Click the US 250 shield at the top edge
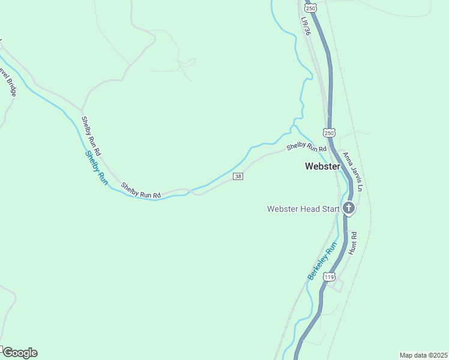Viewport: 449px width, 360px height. coord(310,7)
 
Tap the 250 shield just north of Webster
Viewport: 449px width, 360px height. coord(328,132)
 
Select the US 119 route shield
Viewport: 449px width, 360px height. coord(328,277)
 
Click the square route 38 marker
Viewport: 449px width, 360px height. coord(238,176)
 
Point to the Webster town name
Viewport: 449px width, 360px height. coord(322,166)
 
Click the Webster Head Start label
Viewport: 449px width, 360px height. coord(303,209)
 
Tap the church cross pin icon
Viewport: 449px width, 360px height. coord(349,209)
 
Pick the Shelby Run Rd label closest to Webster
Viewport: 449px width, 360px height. coord(306,146)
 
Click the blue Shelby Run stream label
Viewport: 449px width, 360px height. coord(95,167)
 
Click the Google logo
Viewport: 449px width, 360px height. coord(19,353)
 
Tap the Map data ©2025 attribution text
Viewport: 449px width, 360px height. coord(423,355)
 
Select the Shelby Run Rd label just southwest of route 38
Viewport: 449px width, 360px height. coord(141,191)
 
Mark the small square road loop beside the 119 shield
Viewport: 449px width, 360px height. coord(337,286)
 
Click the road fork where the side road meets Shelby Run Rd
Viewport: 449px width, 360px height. coord(82,109)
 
